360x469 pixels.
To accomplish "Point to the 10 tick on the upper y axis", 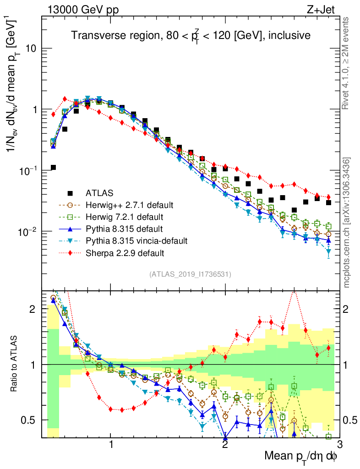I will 31,49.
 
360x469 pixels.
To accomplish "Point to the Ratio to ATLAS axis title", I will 16,364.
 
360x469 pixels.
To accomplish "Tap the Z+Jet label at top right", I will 327,9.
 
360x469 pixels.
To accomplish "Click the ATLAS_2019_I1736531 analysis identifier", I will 190,274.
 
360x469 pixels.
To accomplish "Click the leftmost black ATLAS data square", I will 53,168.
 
